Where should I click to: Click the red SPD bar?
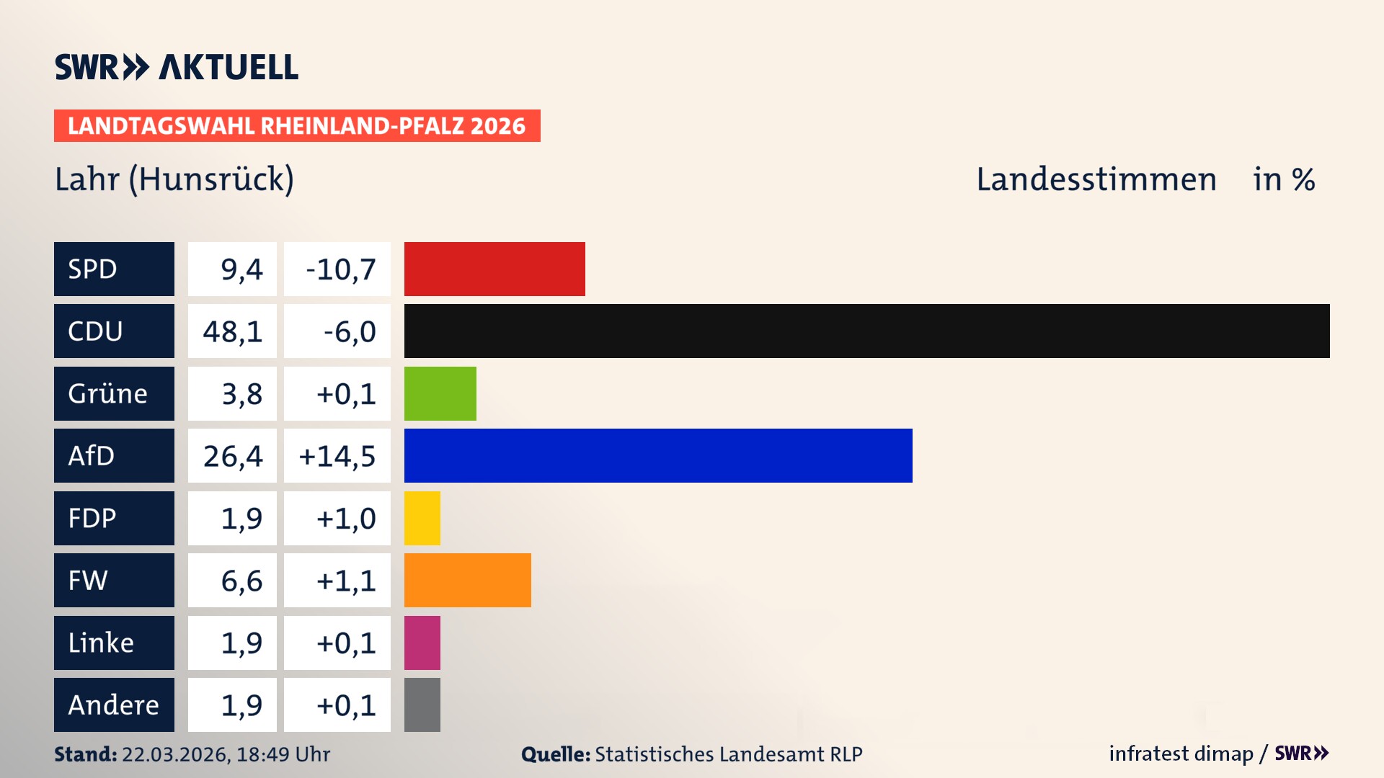(494, 269)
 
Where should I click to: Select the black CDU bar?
(866, 331)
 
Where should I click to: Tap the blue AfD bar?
(658, 455)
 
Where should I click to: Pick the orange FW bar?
(467, 580)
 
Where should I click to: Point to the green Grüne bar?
(440, 393)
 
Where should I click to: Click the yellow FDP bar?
(422, 518)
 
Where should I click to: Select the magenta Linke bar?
(422, 643)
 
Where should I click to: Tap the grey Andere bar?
(422, 705)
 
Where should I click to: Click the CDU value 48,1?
(232, 331)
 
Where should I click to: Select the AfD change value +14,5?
(337, 456)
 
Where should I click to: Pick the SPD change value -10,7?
(340, 269)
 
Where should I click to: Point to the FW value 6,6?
(241, 581)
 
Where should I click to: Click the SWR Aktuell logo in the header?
(176, 67)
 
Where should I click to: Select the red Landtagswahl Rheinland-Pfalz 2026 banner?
(297, 126)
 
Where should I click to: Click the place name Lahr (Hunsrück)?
(174, 179)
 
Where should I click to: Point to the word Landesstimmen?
(1096, 179)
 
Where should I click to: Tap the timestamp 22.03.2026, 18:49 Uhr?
(226, 754)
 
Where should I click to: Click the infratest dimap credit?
(1181, 754)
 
